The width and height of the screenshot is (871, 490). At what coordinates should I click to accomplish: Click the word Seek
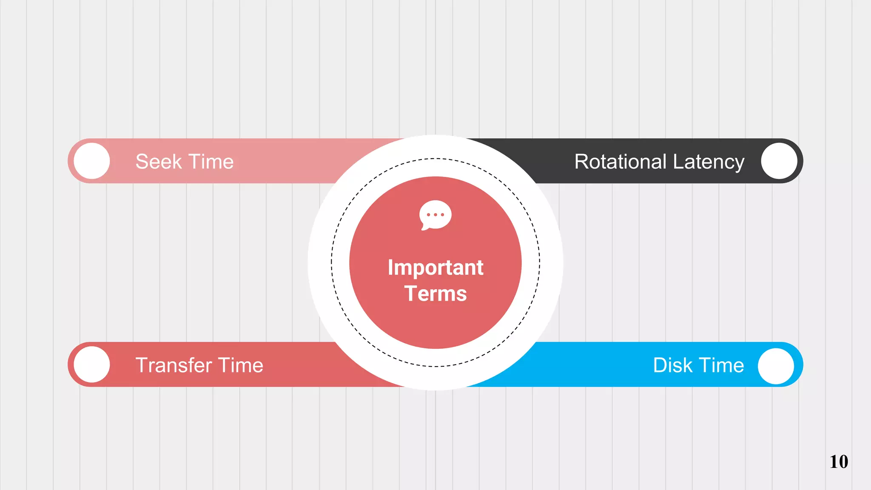158,162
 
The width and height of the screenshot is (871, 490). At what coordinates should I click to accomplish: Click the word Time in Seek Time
211,162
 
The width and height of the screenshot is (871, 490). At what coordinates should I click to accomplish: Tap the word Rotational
621,162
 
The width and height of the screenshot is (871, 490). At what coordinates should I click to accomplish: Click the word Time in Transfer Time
240,365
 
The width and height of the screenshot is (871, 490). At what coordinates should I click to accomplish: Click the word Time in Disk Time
722,365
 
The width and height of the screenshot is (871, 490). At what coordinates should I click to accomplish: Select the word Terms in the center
435,294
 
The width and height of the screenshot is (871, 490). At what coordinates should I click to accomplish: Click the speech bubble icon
435,214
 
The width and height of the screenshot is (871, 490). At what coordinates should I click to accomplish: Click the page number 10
839,462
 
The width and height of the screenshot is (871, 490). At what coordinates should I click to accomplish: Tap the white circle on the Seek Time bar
92,161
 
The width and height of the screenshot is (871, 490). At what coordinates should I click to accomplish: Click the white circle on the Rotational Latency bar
779,161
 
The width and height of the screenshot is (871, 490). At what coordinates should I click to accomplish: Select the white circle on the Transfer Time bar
92,365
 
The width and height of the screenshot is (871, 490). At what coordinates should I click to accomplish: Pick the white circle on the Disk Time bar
776,366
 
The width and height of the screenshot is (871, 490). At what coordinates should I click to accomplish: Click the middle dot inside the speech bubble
435,215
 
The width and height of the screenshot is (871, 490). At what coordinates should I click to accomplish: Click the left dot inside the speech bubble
428,215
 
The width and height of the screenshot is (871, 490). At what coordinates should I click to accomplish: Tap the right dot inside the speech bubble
443,215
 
